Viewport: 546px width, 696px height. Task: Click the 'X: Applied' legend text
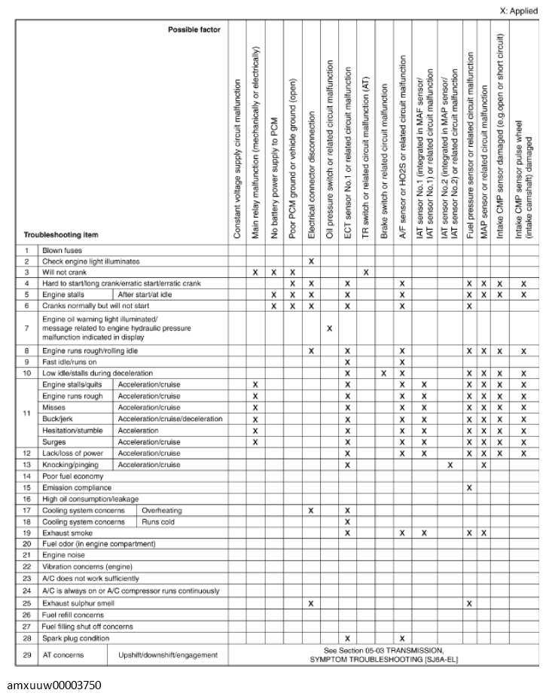coord(518,11)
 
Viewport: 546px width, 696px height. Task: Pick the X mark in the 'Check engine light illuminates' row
coord(310,282)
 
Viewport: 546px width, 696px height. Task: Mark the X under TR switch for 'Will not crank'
coord(365,292)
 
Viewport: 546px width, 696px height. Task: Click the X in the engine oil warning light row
coord(329,328)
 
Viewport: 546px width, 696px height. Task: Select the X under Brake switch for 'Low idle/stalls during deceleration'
coord(383,374)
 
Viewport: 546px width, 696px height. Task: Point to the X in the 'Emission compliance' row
coord(468,487)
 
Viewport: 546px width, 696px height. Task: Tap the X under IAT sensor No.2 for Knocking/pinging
coord(450,465)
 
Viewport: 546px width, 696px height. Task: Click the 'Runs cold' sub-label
coord(157,521)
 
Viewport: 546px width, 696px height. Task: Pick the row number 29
coord(26,655)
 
